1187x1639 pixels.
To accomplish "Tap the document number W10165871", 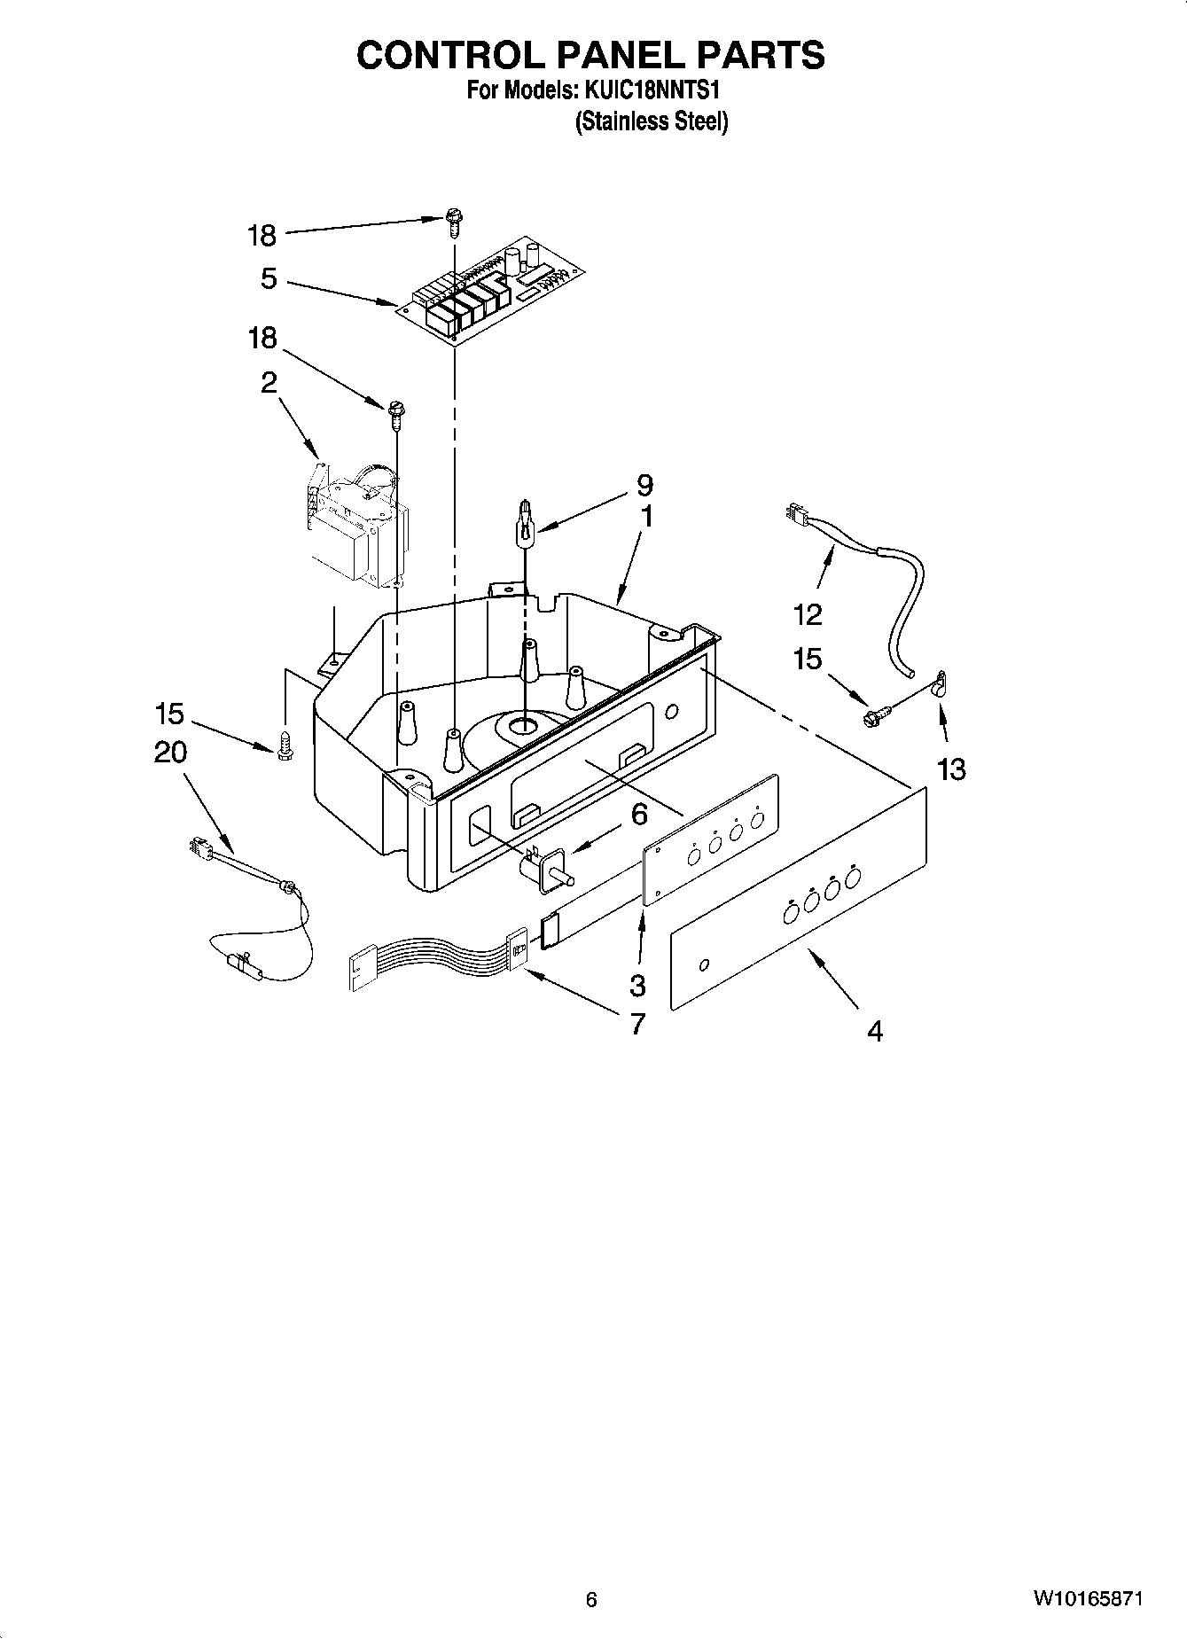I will pyautogui.click(x=1087, y=1599).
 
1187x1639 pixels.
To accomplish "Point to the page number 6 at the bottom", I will pyautogui.click(x=591, y=1600).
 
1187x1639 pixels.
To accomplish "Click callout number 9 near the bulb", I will pyautogui.click(x=644, y=485).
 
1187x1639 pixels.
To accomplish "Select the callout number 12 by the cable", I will pyautogui.click(x=808, y=613).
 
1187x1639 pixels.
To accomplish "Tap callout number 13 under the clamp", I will pyautogui.click(x=951, y=769).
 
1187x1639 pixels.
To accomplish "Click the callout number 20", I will pyautogui.click(x=170, y=753).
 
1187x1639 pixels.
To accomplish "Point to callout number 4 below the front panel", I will pyautogui.click(x=875, y=1031).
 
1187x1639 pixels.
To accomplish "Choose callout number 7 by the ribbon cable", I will pyautogui.click(x=636, y=1024).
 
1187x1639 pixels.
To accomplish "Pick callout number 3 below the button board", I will pyautogui.click(x=636, y=984).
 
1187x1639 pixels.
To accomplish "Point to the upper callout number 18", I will pyautogui.click(x=262, y=236).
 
